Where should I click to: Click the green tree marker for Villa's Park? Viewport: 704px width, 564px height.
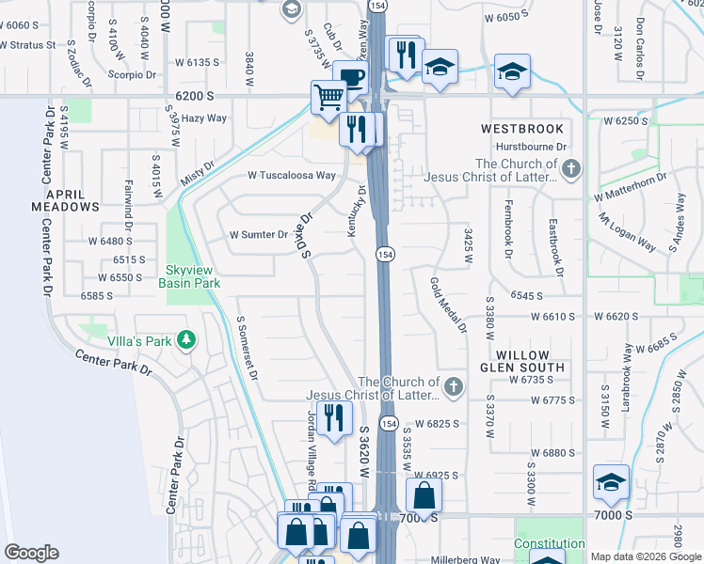point(187,339)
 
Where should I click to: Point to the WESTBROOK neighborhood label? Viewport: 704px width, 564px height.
point(522,128)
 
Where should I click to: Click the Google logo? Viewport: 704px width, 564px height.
point(32,552)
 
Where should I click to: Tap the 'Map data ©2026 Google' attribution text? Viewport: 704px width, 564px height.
point(647,556)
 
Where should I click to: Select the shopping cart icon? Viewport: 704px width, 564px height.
point(328,97)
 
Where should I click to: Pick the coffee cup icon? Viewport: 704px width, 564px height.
point(350,77)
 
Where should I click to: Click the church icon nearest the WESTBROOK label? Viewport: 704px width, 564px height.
point(572,169)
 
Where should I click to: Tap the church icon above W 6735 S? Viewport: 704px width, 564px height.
point(454,386)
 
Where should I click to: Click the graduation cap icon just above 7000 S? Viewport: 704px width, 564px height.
point(611,480)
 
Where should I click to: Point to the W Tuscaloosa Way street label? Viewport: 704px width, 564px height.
point(292,175)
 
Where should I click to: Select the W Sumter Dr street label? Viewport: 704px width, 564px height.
point(258,235)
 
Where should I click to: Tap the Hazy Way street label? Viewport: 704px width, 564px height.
point(204,118)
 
